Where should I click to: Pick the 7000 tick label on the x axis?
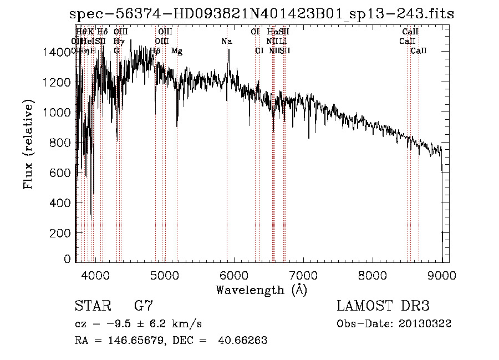[303, 275]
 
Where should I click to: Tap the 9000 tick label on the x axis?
[442, 275]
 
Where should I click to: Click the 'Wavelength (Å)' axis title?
[261, 290]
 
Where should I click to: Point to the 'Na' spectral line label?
[227, 42]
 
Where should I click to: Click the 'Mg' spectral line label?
[176, 50]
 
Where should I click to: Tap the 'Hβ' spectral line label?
[155, 50]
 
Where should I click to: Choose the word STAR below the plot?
[93, 306]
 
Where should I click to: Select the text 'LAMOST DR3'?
[383, 306]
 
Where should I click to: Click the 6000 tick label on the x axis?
[234, 275]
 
